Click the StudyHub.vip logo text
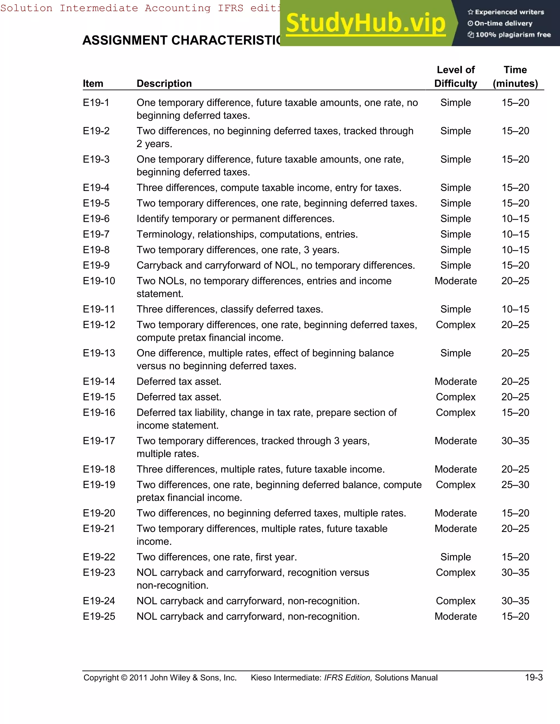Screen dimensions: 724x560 365,23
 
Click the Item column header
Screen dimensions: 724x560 93,84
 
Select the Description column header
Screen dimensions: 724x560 164,84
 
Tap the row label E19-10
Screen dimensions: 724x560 99,281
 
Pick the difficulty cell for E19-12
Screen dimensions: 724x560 456,325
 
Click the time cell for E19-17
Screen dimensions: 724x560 515,441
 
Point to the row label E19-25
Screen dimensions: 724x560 99,616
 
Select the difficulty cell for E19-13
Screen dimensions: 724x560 456,353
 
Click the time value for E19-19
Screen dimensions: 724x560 515,485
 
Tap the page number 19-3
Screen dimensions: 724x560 533,677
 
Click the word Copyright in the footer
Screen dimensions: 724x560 101,678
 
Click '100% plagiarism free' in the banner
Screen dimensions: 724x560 513,35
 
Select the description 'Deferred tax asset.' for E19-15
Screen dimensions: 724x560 179,397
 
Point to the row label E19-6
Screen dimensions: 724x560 96,219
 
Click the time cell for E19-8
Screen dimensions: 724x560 515,250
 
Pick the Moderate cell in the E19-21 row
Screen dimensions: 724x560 456,528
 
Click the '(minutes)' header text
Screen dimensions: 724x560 515,84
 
